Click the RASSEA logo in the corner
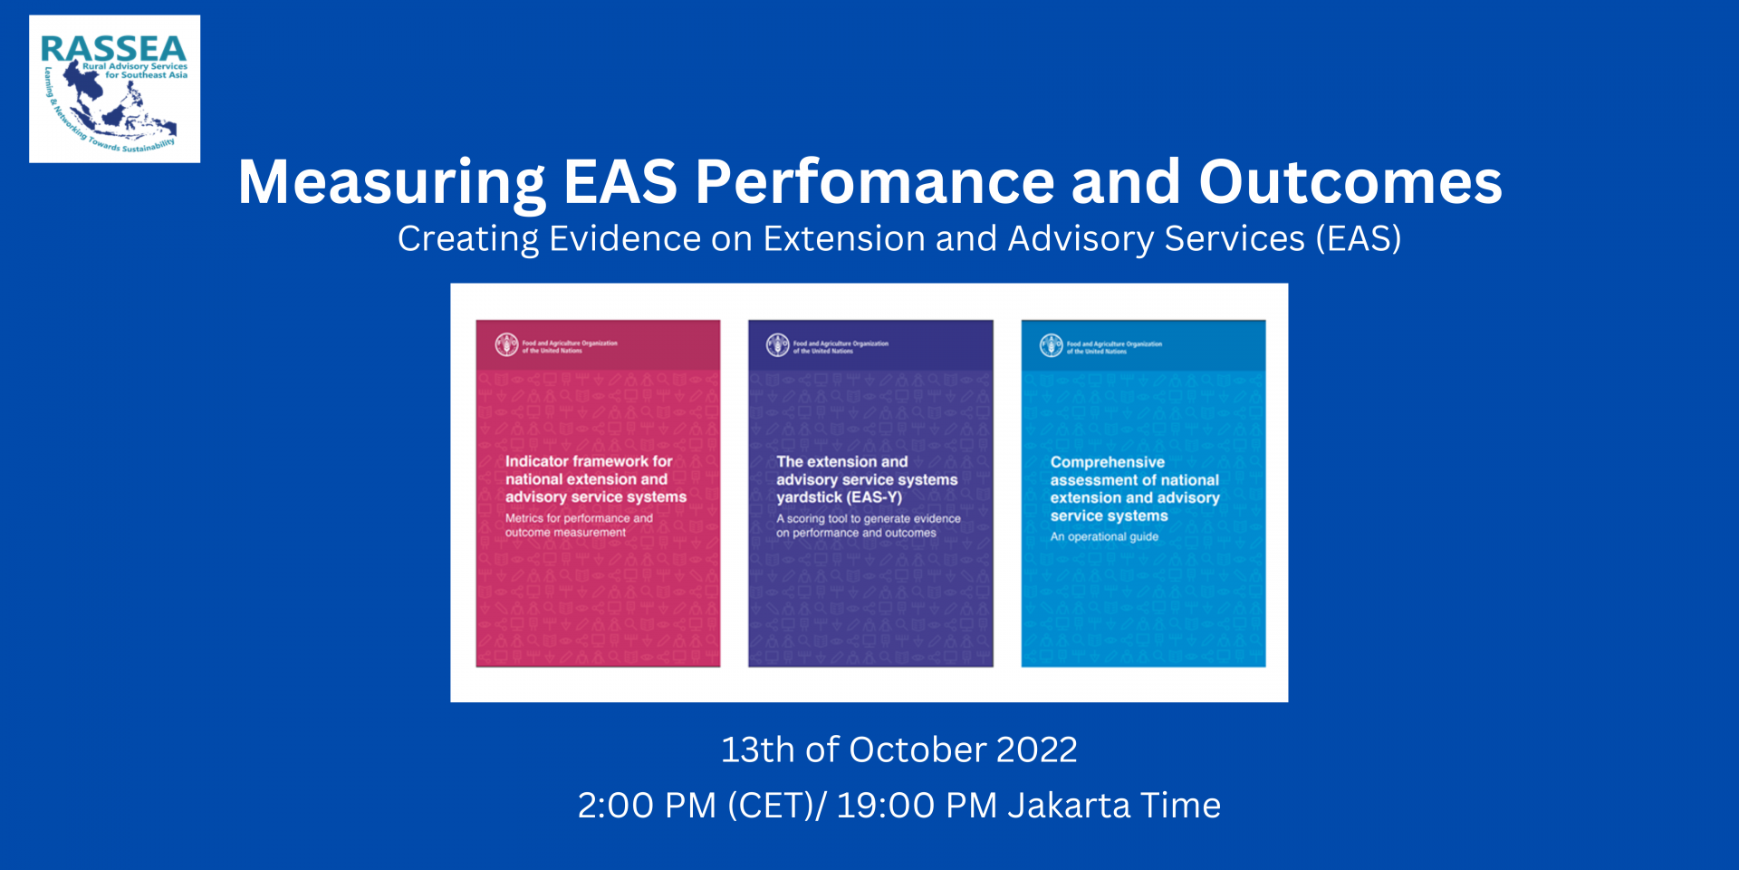(114, 89)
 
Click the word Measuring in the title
(391, 183)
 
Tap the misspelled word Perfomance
(874, 183)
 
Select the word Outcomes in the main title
(1350, 183)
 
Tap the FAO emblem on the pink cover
(506, 345)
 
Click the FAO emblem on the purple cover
(777, 345)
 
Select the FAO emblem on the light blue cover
(1051, 345)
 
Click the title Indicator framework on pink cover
(589, 461)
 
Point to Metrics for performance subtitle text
(579, 518)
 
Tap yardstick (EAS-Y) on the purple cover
(839, 498)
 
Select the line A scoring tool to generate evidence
(868, 519)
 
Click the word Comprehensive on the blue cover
(1107, 462)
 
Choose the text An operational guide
(1104, 536)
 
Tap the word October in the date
(917, 750)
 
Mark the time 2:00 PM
(647, 806)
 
